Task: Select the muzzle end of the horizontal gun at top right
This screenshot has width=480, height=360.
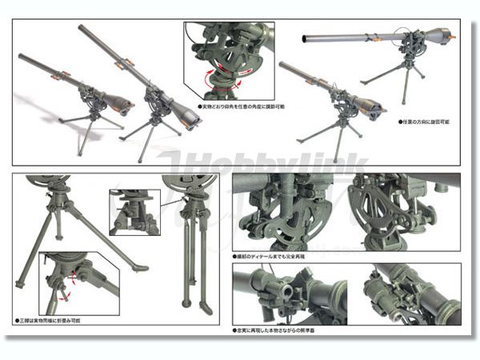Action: [307, 38]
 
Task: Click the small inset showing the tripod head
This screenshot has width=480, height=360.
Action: [134, 212]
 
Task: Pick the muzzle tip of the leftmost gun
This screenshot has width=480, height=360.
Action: [21, 58]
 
